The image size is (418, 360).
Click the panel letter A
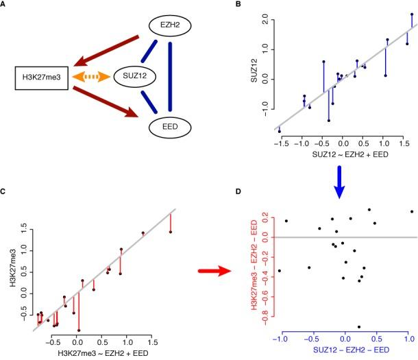coord(5,5)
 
